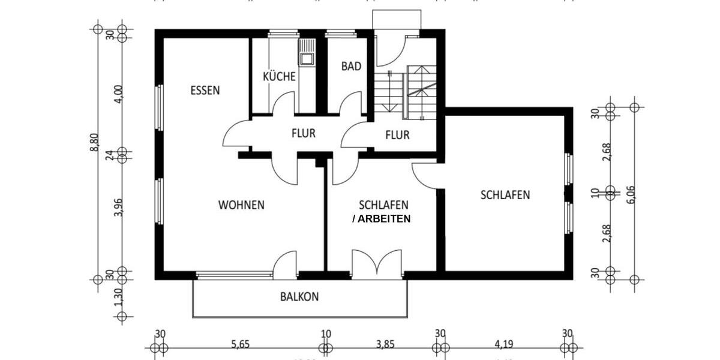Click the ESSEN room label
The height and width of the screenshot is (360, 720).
tap(205, 91)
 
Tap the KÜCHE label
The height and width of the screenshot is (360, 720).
tap(279, 76)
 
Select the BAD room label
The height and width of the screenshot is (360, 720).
tap(351, 66)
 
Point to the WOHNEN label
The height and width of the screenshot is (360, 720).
tap(241, 205)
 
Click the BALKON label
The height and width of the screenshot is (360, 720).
tap(299, 296)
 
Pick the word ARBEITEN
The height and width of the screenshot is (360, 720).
tap(385, 219)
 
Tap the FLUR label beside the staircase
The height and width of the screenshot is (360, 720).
tap(397, 135)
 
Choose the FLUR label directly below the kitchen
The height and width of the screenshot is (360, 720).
tap(304, 133)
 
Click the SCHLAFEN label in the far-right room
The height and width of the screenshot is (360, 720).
tap(505, 194)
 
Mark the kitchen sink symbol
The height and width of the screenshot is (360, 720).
tap(307, 52)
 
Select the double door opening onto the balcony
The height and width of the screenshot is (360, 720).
tap(376, 264)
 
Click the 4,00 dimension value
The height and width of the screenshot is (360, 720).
tap(119, 95)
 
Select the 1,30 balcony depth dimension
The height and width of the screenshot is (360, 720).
tap(119, 296)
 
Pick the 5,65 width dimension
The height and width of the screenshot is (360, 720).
tap(240, 345)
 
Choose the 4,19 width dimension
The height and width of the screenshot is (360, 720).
tap(505, 345)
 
